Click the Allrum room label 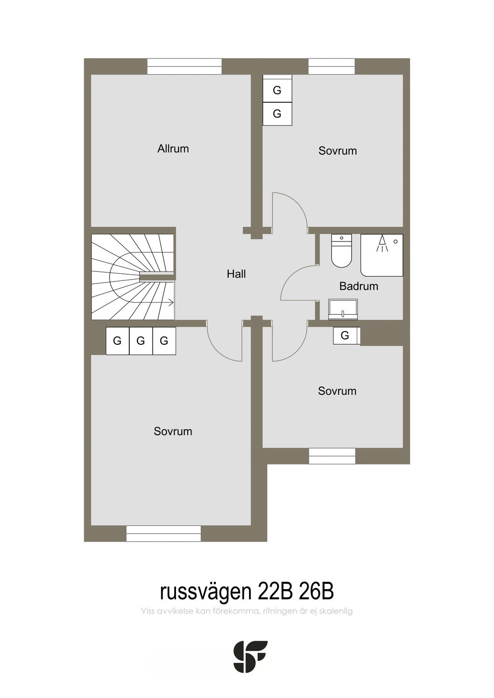pyautogui.click(x=173, y=148)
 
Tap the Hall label pyautogui.click(x=236, y=274)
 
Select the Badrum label pyautogui.click(x=358, y=286)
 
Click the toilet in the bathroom pyautogui.click(x=342, y=251)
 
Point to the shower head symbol pyautogui.click(x=382, y=243)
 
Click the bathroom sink pyautogui.click(x=343, y=309)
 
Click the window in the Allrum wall pyautogui.click(x=184, y=67)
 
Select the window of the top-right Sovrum pyautogui.click(x=331, y=67)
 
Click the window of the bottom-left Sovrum pyautogui.click(x=164, y=533)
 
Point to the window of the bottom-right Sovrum pyautogui.click(x=332, y=456)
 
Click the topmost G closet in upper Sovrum pyautogui.click(x=277, y=90)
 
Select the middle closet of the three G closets pyautogui.click(x=141, y=341)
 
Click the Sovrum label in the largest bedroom pyautogui.click(x=173, y=431)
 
